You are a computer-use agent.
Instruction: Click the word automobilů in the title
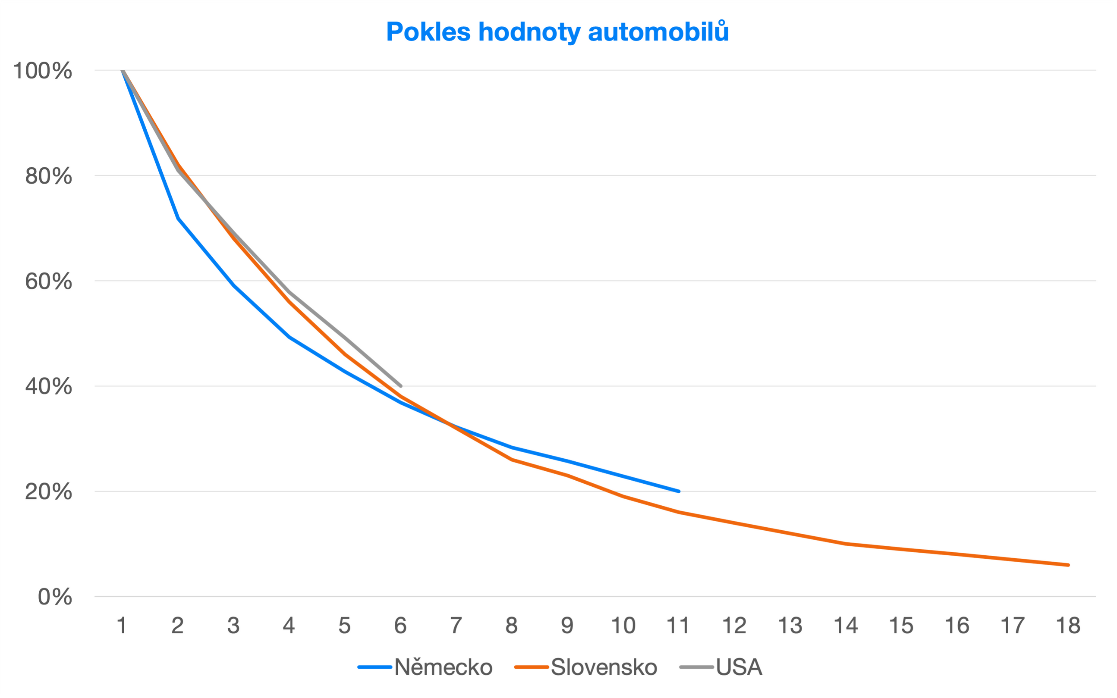pyautogui.click(x=658, y=32)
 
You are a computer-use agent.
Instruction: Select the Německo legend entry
pyautogui.click(x=443, y=667)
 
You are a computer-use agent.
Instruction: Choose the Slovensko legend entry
pyautogui.click(x=603, y=667)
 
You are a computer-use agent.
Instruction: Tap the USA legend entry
pyautogui.click(x=738, y=667)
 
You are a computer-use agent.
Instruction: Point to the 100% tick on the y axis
pyautogui.click(x=43, y=71)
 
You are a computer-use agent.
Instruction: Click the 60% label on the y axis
pyautogui.click(x=48, y=281)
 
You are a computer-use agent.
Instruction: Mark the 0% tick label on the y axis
pyautogui.click(x=54, y=597)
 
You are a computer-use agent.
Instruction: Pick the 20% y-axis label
pyautogui.click(x=48, y=491)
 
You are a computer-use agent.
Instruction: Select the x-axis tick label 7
pyautogui.click(x=456, y=626)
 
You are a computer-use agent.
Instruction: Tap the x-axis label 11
pyautogui.click(x=678, y=626)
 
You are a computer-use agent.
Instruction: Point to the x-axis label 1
pyautogui.click(x=122, y=626)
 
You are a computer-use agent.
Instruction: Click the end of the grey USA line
pyautogui.click(x=400, y=386)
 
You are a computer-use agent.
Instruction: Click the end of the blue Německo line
pyautogui.click(x=679, y=491)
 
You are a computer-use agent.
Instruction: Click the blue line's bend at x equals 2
pyautogui.click(x=178, y=218)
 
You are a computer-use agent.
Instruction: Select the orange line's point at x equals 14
pyautogui.click(x=845, y=544)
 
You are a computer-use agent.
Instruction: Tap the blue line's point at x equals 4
pyautogui.click(x=289, y=337)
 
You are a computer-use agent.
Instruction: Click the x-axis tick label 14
pyautogui.click(x=845, y=626)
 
